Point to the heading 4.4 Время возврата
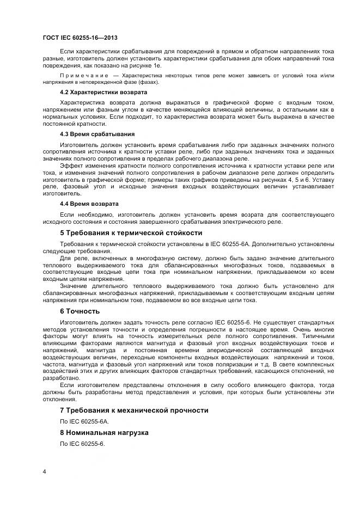tap(89, 204)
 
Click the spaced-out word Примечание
tap(85, 75)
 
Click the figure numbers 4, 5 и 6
tap(298, 179)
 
